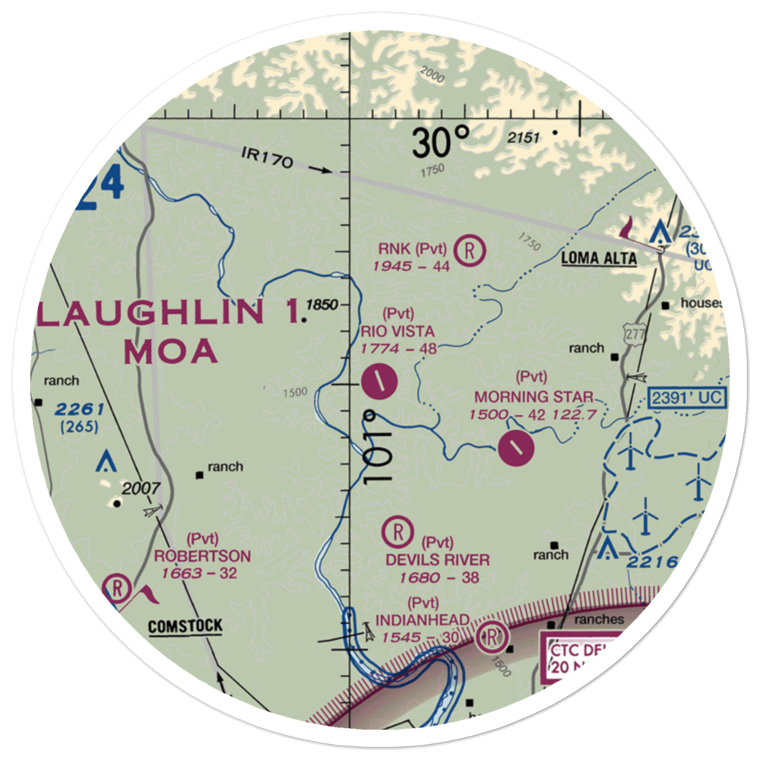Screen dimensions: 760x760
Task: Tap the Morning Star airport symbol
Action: tap(517, 448)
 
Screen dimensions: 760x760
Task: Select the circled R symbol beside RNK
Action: tap(470, 249)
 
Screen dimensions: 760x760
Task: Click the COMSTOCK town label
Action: tap(185, 626)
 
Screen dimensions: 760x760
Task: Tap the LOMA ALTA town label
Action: tap(599, 258)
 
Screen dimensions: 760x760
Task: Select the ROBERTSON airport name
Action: tap(202, 556)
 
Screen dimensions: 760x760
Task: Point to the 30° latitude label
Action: tap(442, 142)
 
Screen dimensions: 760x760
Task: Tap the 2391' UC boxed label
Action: tap(688, 397)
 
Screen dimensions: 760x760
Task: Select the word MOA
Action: tap(169, 352)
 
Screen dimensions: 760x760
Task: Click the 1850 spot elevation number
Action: tap(321, 305)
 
